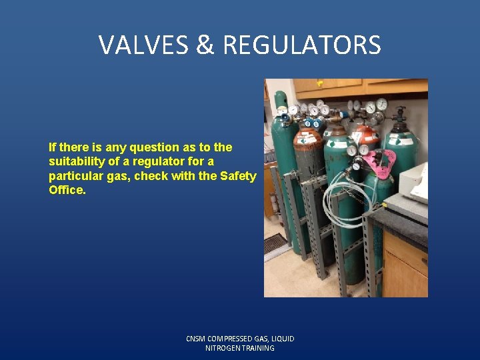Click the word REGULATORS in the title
[x=302, y=45]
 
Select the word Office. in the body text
[x=67, y=190]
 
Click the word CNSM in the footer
[x=197, y=339]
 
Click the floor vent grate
[x=275, y=243]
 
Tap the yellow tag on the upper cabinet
[x=320, y=83]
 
